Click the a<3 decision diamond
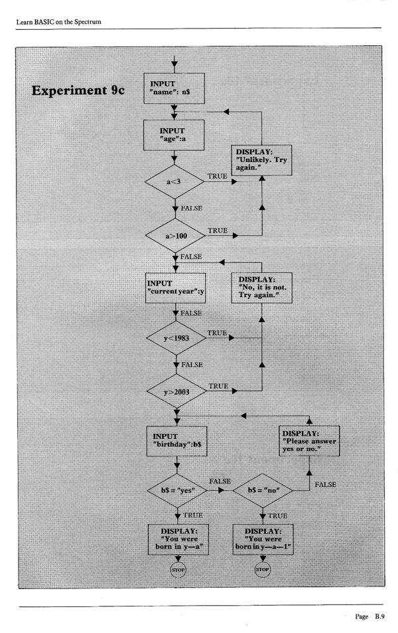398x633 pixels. pos(174,179)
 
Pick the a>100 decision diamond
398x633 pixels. pos(174,234)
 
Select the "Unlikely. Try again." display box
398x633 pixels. pos(261,159)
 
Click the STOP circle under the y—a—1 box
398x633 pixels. pos(261,569)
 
